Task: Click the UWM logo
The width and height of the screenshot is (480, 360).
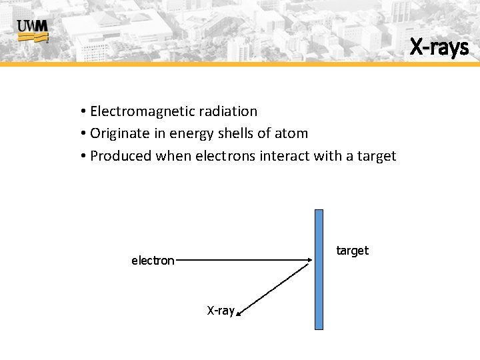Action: click(33, 30)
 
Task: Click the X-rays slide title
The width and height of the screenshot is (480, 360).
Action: click(439, 47)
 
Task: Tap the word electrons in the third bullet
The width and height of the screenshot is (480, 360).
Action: click(225, 156)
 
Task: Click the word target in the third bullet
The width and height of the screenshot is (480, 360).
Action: click(375, 156)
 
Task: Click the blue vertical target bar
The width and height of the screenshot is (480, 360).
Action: click(319, 269)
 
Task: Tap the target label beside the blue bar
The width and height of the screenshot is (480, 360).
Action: click(352, 251)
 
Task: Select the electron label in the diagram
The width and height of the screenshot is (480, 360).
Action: click(153, 261)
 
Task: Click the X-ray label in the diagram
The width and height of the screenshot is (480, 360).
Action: click(221, 311)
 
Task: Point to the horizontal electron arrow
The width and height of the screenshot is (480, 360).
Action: click(243, 260)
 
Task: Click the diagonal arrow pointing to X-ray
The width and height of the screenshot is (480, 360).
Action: click(273, 287)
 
